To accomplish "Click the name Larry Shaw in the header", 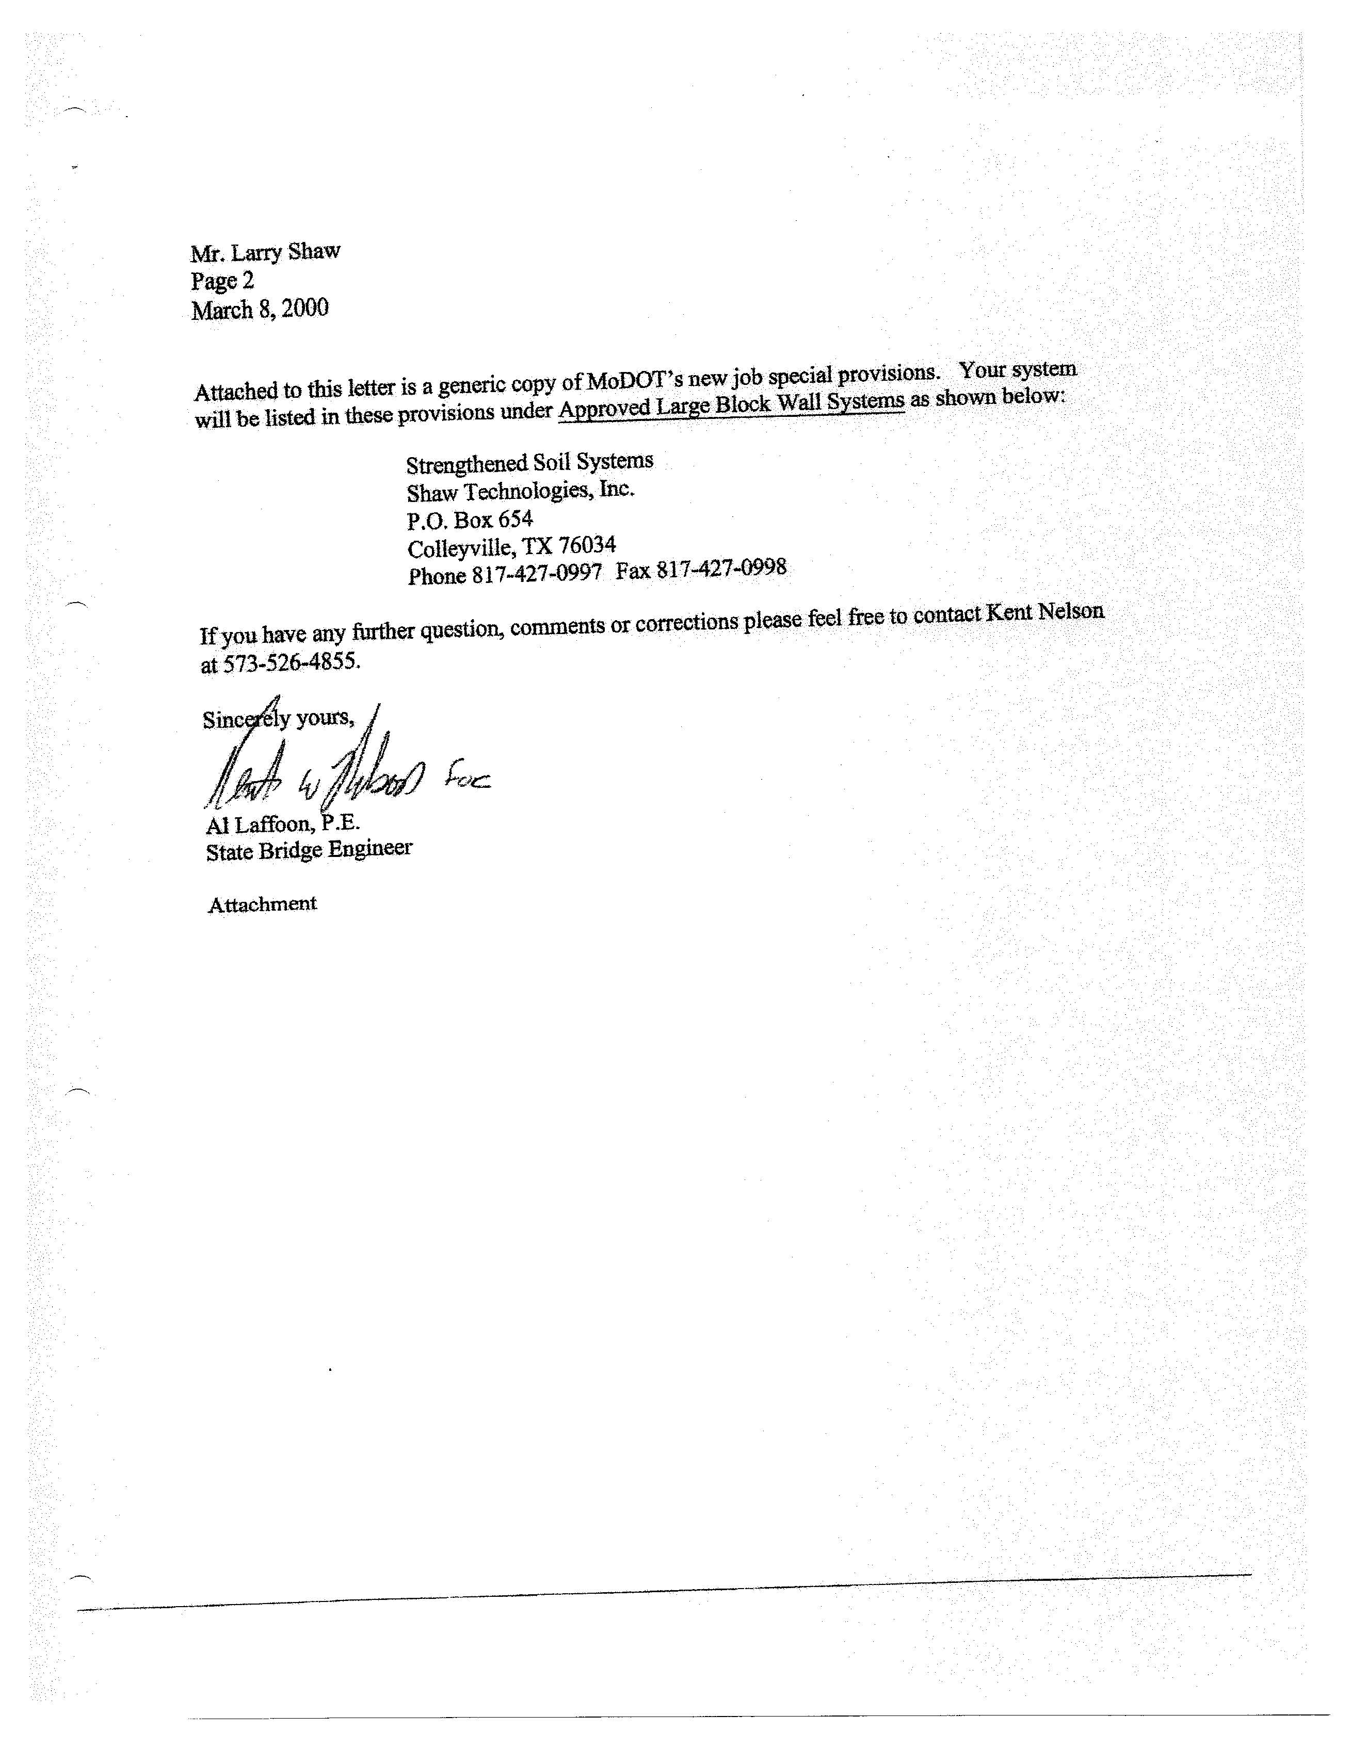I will pyautogui.click(x=286, y=252).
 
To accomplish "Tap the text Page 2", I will pyautogui.click(x=222, y=281).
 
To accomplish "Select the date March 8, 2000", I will pyautogui.click(x=260, y=310).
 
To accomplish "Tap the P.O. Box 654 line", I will pyautogui.click(x=469, y=520).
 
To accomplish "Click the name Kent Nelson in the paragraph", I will pyautogui.click(x=1044, y=612).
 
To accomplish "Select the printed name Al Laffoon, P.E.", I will pyautogui.click(x=282, y=824).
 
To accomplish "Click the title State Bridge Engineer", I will pyautogui.click(x=309, y=850).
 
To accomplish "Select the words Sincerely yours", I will pyautogui.click(x=278, y=719).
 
